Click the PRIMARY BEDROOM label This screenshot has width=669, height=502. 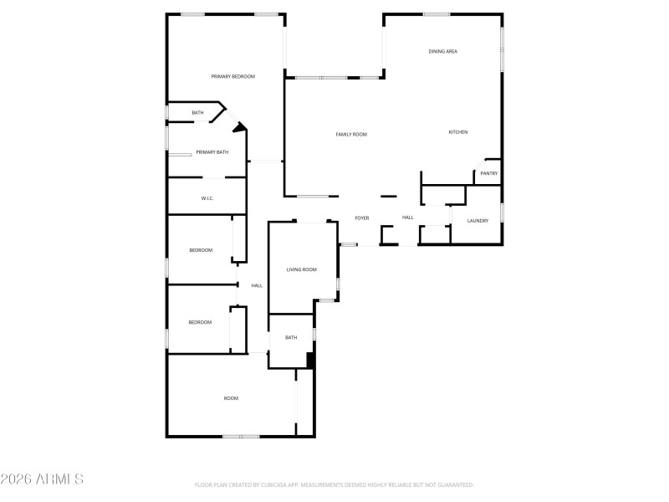[232, 76]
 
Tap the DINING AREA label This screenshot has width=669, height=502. [442, 52]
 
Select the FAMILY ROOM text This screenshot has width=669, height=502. [351, 134]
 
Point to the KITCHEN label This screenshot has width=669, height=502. [457, 132]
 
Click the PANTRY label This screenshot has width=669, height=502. [489, 174]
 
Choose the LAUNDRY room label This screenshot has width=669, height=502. [477, 221]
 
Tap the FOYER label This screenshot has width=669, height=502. [362, 218]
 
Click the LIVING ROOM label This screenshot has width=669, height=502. [302, 269]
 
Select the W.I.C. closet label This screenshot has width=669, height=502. [207, 198]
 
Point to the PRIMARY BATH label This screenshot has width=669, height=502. [212, 152]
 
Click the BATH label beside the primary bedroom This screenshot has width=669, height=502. [197, 113]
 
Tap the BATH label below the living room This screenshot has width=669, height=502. [291, 338]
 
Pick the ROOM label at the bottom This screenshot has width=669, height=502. [231, 398]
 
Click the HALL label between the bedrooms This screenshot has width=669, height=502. [257, 285]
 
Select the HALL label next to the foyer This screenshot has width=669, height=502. [407, 218]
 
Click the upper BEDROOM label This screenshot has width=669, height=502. [201, 250]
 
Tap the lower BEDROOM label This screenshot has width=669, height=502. [200, 322]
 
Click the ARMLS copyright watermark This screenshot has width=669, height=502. [42, 479]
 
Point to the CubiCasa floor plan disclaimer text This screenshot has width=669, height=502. [334, 484]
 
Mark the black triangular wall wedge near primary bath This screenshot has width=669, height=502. [241, 128]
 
